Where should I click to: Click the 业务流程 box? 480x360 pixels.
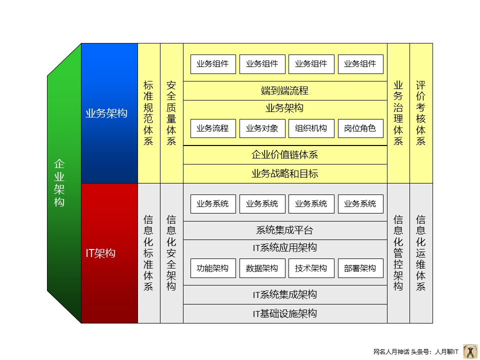(213, 128)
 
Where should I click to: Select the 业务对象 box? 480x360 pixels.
(262, 128)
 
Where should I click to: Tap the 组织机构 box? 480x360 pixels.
(311, 128)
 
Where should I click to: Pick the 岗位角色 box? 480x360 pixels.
(360, 128)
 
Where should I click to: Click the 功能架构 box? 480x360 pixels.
(213, 268)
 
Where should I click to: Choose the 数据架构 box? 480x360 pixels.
(262, 268)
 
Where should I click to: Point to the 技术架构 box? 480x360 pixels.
(311, 268)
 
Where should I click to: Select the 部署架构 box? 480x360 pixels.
(360, 268)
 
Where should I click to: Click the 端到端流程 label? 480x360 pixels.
(285, 91)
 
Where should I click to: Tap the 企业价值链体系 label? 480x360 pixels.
(285, 155)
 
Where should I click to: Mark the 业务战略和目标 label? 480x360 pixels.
(285, 174)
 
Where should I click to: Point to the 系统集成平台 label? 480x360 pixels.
(285, 230)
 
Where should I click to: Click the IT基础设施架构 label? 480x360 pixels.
(285, 314)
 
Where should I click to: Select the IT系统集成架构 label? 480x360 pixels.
(285, 295)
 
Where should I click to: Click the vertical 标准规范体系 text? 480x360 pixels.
(148, 113)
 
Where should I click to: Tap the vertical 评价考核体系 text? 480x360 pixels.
(421, 113)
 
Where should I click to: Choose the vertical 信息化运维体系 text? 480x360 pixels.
(421, 253)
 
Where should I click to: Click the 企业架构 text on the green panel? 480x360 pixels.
(59, 183)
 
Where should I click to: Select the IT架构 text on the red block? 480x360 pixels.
(100, 253)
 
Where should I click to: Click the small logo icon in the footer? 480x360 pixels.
(470, 351)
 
